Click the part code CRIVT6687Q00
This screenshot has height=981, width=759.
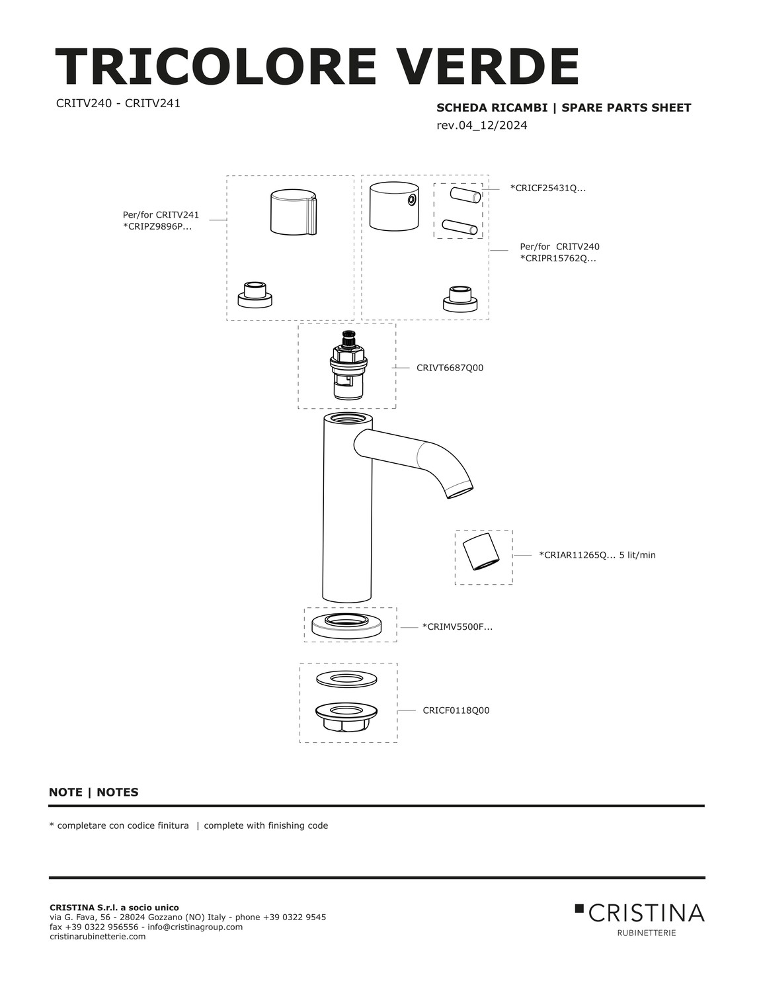(450, 368)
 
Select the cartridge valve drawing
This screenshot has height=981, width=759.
(347, 366)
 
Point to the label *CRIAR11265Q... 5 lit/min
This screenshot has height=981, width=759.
(597, 555)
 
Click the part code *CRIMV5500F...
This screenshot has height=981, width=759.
(457, 626)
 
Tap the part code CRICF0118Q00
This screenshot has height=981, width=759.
(456, 710)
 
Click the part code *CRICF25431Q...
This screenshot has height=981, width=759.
(547, 188)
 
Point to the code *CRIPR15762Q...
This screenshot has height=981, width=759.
(558, 258)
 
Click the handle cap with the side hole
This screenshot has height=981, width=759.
(394, 206)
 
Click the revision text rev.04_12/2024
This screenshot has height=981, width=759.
(482, 125)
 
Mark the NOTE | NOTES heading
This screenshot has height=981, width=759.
(94, 792)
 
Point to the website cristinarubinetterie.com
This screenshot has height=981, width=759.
(98, 937)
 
